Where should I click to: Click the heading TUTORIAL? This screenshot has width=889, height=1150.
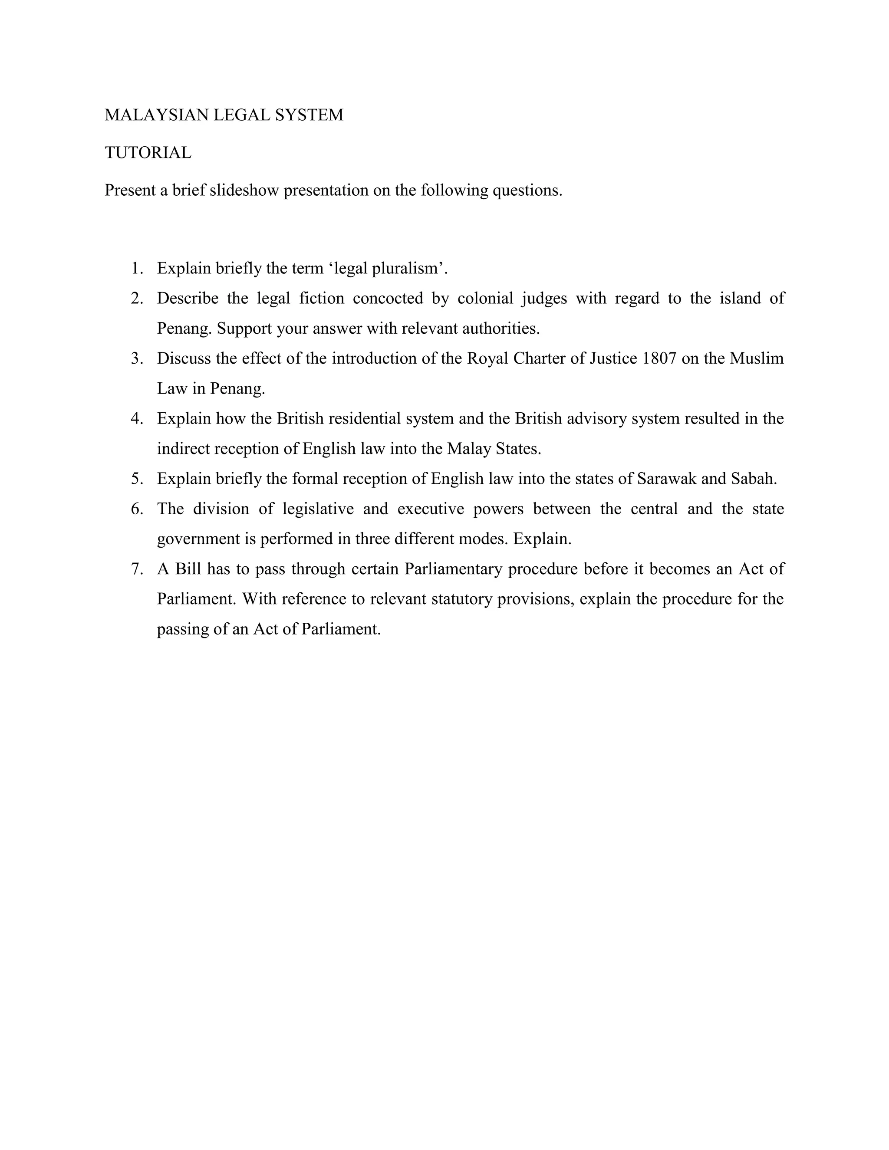point(148,153)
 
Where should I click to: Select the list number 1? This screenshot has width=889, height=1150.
point(137,269)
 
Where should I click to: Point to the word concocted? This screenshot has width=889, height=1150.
point(388,299)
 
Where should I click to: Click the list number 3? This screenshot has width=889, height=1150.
point(137,358)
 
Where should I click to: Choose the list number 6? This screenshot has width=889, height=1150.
point(137,509)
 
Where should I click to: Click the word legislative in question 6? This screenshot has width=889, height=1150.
point(318,509)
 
